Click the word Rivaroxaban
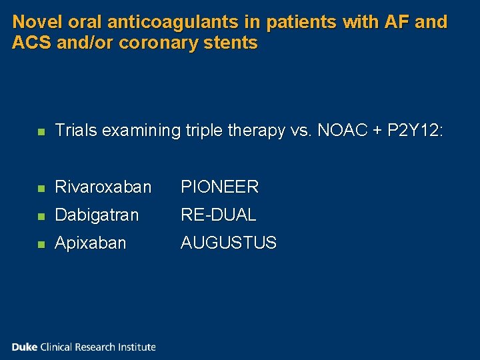tap(103, 187)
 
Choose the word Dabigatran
tap(97, 215)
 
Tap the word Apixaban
tap(90, 243)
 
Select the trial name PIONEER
tap(219, 187)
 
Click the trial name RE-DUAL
tap(218, 215)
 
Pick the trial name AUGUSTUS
tap(229, 243)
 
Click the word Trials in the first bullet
tap(76, 131)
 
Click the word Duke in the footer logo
tap(25, 347)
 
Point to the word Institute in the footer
tap(136, 347)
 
